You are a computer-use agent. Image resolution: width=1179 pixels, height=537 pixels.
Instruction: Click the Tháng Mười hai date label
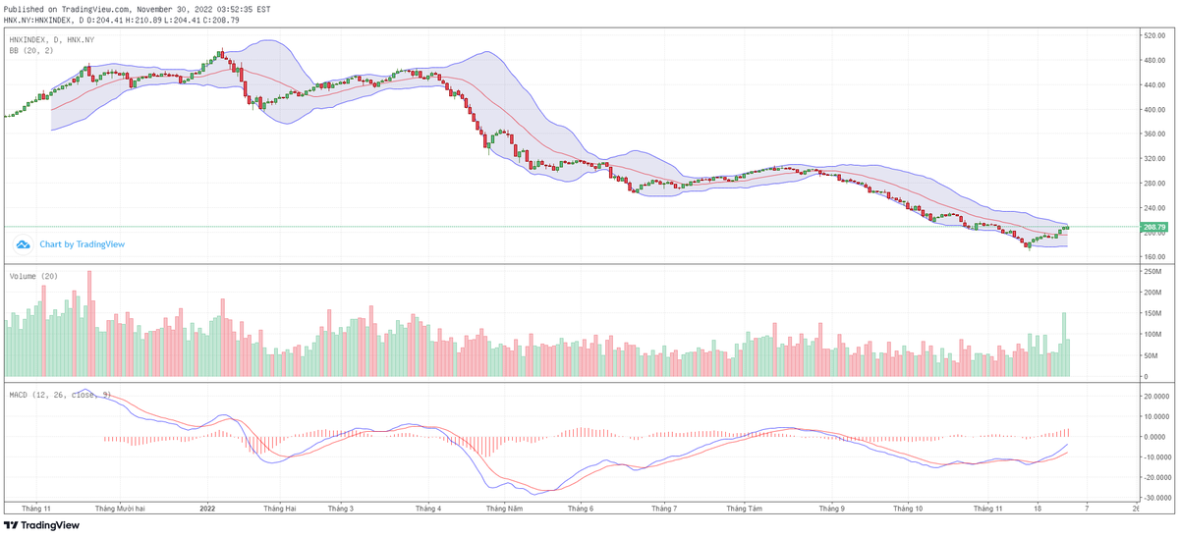pos(121,509)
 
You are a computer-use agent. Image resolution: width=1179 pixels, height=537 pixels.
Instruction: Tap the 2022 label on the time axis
pos(207,509)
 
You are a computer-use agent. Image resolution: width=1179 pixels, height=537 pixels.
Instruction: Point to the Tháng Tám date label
pos(744,509)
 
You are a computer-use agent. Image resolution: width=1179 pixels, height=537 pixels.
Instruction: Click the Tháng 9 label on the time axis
pos(831,509)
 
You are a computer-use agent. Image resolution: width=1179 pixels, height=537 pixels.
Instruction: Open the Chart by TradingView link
pos(82,244)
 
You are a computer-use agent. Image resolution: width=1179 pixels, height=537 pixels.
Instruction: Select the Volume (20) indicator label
pos(33,277)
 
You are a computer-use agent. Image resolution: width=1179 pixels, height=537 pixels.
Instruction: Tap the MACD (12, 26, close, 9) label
pos(59,395)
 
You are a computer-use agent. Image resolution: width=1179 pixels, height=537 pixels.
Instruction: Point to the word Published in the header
pos(26,8)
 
